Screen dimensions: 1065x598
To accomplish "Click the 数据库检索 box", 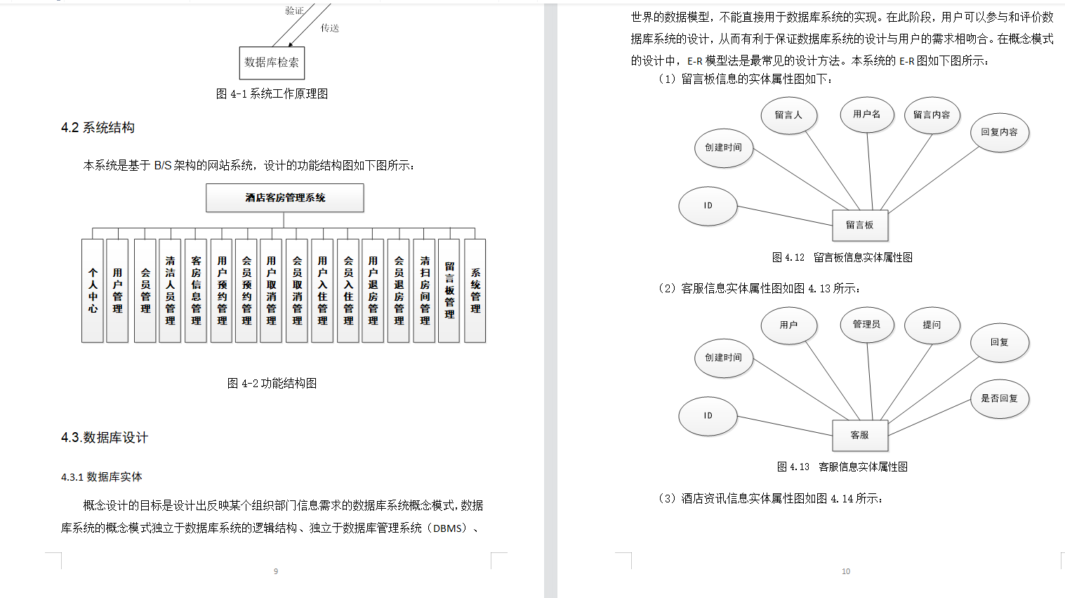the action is [x=272, y=63].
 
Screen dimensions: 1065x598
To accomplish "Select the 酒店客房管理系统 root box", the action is [x=284, y=197].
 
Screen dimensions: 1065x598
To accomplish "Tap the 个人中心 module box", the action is [x=93, y=290].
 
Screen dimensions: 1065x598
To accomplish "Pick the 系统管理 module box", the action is [x=475, y=290].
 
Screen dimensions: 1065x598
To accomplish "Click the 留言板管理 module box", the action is [x=449, y=290].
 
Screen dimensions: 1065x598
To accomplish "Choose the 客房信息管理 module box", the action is [x=196, y=290].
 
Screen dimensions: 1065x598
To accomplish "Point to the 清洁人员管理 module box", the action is [x=170, y=290].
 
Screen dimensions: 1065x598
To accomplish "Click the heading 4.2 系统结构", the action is [x=98, y=128].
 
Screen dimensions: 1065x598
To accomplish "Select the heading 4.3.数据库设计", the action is [x=105, y=438].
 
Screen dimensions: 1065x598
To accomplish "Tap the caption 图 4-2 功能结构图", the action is [x=272, y=383].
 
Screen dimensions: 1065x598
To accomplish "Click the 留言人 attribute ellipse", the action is [x=788, y=115].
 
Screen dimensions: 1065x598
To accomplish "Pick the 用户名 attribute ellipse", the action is [x=866, y=115].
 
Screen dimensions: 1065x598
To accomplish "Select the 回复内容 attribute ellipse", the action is [x=999, y=132].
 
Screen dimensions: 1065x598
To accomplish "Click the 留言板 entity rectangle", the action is [x=860, y=225].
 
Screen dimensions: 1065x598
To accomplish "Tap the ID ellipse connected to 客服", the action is [x=708, y=415].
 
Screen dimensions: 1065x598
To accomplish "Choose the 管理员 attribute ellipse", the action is [x=866, y=325].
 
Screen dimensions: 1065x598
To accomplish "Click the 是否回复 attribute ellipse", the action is [x=999, y=398].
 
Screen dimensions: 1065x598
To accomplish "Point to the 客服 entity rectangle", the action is [x=860, y=435].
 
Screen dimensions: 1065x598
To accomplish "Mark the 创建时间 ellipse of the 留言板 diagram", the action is [x=723, y=148].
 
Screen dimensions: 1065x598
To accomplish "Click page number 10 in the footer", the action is [x=846, y=571].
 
